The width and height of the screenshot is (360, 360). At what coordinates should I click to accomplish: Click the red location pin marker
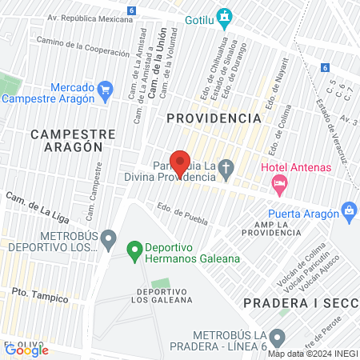click(180, 162)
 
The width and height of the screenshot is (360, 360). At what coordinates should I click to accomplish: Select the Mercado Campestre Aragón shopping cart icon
click(106, 88)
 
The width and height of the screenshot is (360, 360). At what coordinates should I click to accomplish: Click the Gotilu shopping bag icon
click(226, 15)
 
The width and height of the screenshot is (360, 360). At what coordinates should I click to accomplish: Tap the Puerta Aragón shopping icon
click(349, 211)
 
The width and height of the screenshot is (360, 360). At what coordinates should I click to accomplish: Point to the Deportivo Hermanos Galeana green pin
click(135, 251)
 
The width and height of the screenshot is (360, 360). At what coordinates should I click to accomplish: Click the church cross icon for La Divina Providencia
click(226, 169)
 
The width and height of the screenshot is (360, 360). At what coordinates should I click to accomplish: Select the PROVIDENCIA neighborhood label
click(214, 118)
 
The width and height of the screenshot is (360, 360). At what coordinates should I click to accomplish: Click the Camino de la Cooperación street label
click(82, 46)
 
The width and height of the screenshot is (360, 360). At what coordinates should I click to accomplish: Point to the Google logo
click(26, 350)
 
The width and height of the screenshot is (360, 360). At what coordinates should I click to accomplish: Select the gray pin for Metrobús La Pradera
click(277, 337)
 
